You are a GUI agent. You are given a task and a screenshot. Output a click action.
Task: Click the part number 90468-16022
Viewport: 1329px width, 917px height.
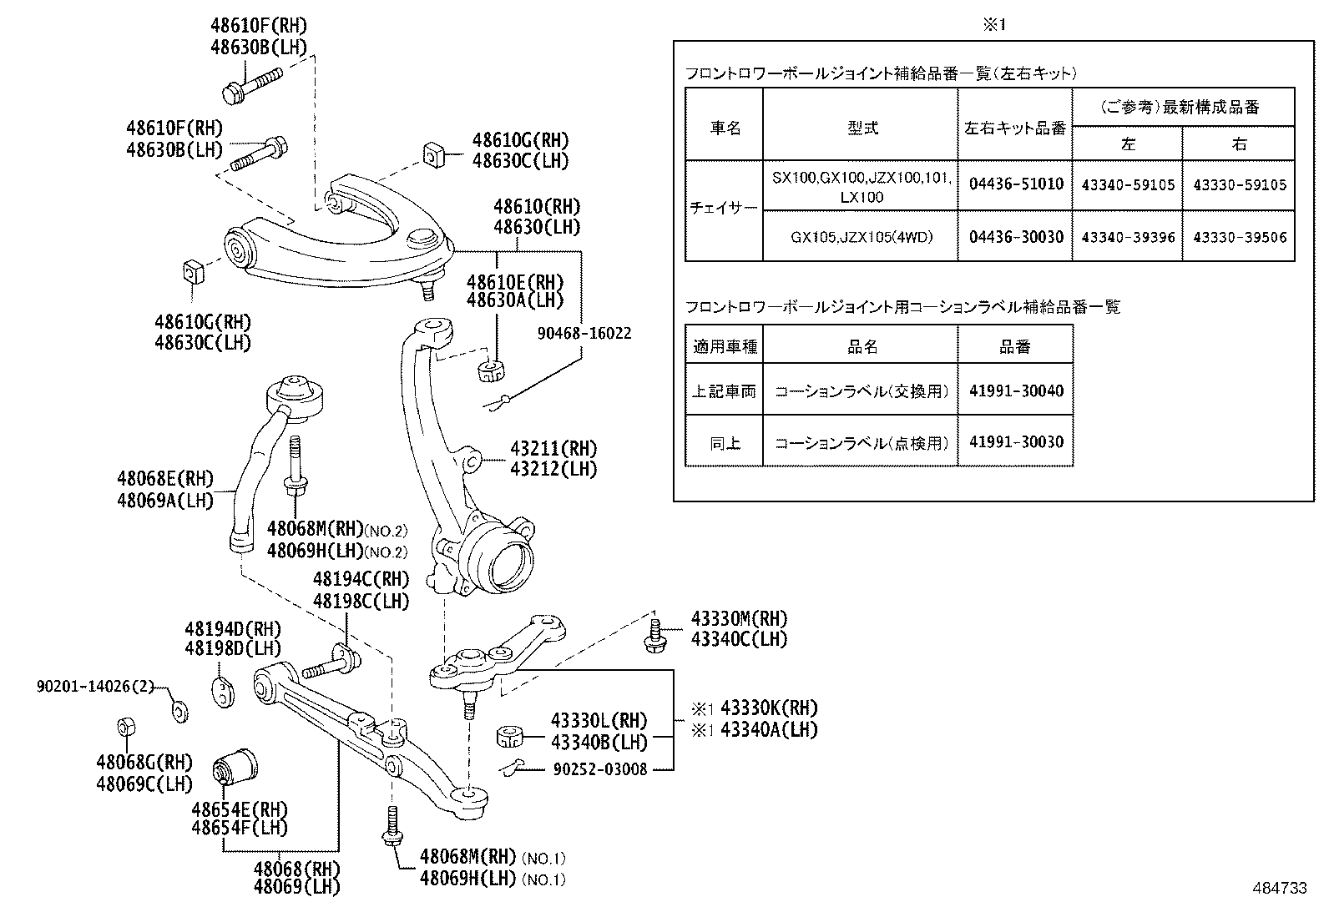(584, 334)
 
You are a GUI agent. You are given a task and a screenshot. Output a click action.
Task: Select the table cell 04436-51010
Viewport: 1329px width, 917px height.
(1015, 184)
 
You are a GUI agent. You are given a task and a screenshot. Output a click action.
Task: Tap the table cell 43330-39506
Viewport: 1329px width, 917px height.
(1239, 237)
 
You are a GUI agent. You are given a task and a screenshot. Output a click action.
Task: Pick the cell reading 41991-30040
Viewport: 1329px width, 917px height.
(1015, 390)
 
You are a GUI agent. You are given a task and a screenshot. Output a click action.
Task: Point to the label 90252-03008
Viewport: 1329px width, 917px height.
(599, 769)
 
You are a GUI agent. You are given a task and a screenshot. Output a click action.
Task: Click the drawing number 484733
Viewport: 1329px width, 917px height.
(1278, 889)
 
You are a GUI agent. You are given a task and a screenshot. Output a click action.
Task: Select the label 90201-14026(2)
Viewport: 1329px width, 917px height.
(96, 687)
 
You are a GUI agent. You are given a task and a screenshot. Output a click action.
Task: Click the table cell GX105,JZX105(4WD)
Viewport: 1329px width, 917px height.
(861, 237)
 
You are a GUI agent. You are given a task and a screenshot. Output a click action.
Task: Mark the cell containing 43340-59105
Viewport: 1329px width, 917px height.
(1127, 184)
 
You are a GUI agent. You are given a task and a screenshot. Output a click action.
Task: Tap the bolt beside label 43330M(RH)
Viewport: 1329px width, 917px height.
(654, 633)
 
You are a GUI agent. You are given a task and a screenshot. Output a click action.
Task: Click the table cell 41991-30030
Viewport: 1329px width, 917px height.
(1015, 442)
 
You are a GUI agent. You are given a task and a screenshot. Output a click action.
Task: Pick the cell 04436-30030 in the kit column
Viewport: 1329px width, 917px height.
(1015, 237)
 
